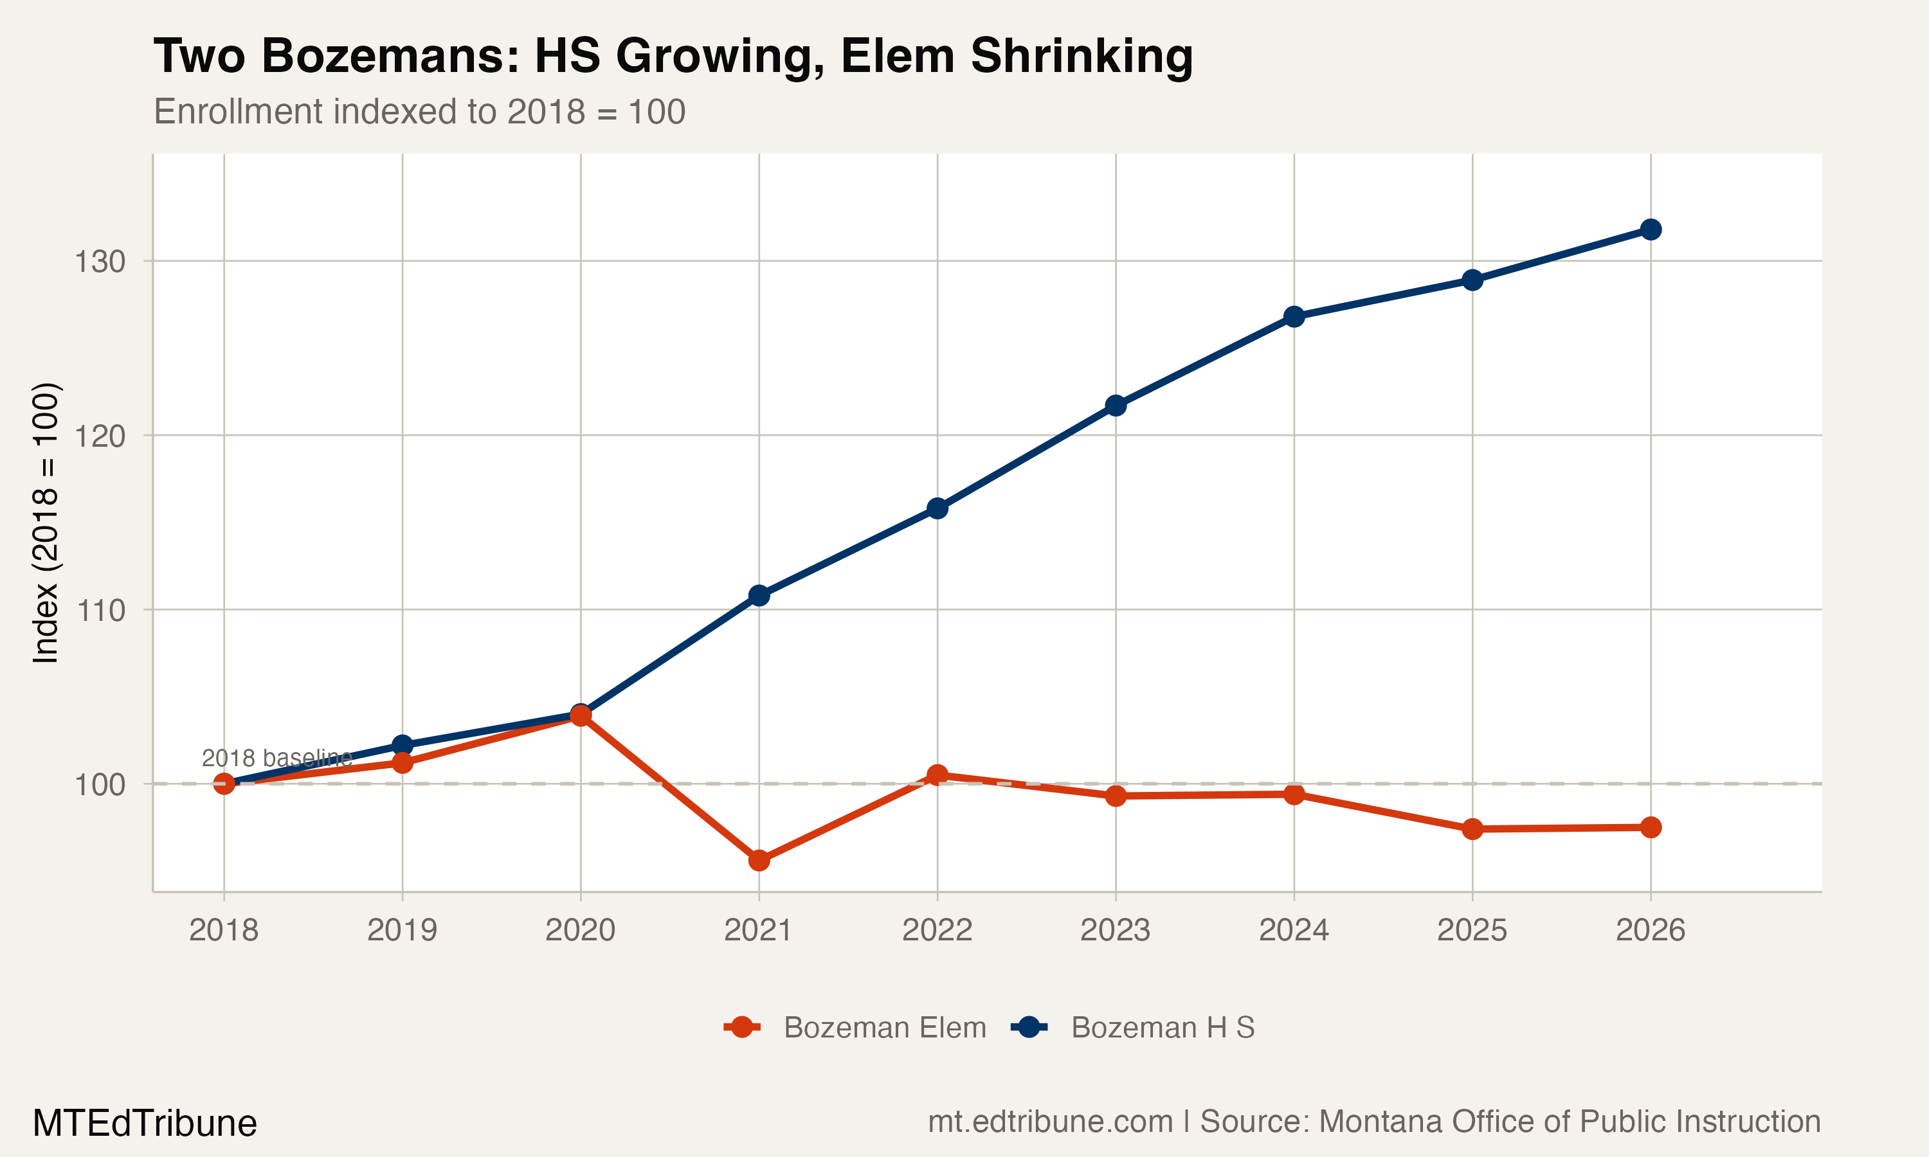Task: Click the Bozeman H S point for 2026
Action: [1650, 229]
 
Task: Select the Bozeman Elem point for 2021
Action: [759, 861]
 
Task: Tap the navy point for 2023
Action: [1116, 406]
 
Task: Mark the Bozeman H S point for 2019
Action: [403, 746]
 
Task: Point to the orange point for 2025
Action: [1472, 829]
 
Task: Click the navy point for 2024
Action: [1294, 316]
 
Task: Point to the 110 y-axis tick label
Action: [100, 611]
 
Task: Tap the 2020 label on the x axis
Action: [580, 930]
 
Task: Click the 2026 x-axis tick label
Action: [1650, 930]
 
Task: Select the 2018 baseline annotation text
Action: [276, 758]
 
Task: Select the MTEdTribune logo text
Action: [144, 1124]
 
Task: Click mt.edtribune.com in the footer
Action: [1049, 1122]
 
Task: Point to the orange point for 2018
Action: [224, 784]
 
